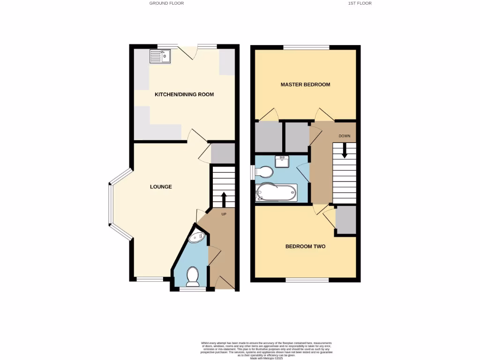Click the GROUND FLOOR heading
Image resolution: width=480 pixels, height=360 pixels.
[166, 3]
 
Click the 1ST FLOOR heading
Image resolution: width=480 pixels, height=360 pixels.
[360, 3]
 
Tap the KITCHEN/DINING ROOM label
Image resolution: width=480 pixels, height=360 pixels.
[184, 95]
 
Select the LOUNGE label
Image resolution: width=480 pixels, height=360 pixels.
[161, 187]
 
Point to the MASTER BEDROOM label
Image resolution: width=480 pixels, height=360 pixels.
[305, 85]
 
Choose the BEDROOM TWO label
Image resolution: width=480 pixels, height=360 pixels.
[305, 247]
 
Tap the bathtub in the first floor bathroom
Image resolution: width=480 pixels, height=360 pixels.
[276, 193]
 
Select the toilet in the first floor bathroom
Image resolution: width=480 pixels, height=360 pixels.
[264, 172]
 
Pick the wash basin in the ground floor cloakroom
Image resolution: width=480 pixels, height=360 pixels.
[196, 238]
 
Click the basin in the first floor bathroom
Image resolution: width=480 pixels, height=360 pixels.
[283, 161]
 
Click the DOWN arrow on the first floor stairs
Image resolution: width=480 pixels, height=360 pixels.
[345, 151]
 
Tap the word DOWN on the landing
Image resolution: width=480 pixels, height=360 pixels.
[345, 136]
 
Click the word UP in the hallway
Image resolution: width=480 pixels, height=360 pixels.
[224, 214]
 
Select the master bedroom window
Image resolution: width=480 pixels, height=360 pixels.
[306, 46]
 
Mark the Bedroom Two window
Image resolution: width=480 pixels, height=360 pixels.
[307, 280]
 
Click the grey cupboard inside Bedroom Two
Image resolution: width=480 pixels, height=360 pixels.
[346, 220]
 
